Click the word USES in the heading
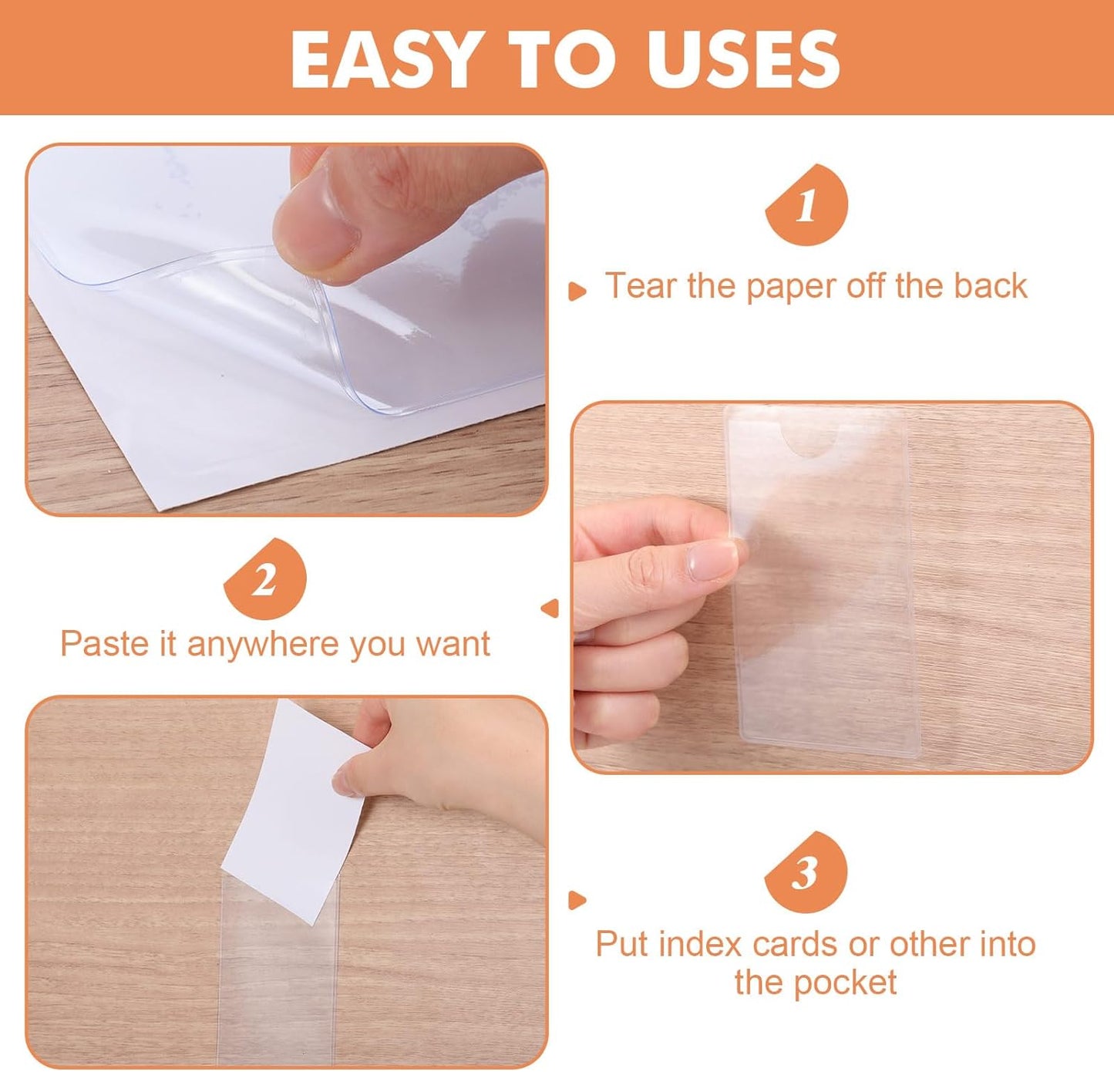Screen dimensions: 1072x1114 click(742, 60)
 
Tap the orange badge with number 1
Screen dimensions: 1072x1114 click(806, 205)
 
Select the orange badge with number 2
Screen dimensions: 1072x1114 click(265, 579)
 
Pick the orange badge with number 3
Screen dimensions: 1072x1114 click(806, 873)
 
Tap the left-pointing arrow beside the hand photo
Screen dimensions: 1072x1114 click(550, 608)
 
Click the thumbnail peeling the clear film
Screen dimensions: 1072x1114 click(286, 329)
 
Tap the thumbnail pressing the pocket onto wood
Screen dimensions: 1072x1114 click(832, 587)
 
